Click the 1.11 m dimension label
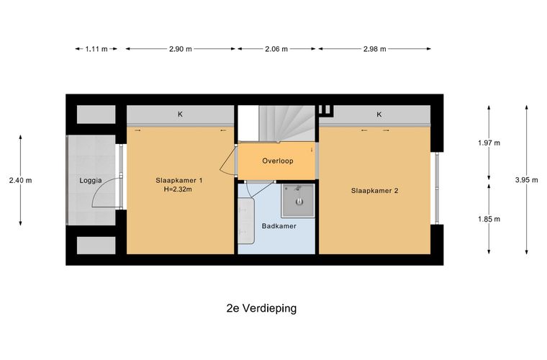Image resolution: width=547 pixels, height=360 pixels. pyautogui.click(x=96, y=49)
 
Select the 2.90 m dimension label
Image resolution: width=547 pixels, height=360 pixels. pyautogui.click(x=181, y=49)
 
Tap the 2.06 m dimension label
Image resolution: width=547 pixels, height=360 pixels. pyautogui.click(x=276, y=49)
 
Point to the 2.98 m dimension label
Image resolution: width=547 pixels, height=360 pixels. pyautogui.click(x=375, y=49)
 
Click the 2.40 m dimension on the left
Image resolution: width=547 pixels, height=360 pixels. pyautogui.click(x=21, y=180)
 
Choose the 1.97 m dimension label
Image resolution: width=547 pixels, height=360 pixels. pyautogui.click(x=489, y=143)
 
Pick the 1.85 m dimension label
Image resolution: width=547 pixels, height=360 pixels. pyautogui.click(x=489, y=219)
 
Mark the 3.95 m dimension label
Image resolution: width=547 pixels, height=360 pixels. pyautogui.click(x=527, y=180)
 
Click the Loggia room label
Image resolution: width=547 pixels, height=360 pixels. pyautogui.click(x=91, y=181)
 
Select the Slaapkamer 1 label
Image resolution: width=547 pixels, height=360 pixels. pyautogui.click(x=179, y=180)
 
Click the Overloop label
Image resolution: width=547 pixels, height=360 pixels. pyautogui.click(x=278, y=161)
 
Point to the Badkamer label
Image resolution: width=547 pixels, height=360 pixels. pyautogui.click(x=279, y=226)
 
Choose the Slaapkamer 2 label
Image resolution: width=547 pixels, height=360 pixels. pyautogui.click(x=375, y=191)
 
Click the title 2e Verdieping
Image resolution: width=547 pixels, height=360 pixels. pyautogui.click(x=262, y=308)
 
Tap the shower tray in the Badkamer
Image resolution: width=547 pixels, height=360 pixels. pyautogui.click(x=298, y=201)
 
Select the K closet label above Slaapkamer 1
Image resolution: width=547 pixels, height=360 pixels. pyautogui.click(x=181, y=114)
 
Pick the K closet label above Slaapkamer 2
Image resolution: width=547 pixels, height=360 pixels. pyautogui.click(x=379, y=114)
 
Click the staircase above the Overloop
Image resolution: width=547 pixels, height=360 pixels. pyautogui.click(x=287, y=124)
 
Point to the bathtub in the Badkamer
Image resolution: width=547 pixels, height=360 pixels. pyautogui.click(x=246, y=221)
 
